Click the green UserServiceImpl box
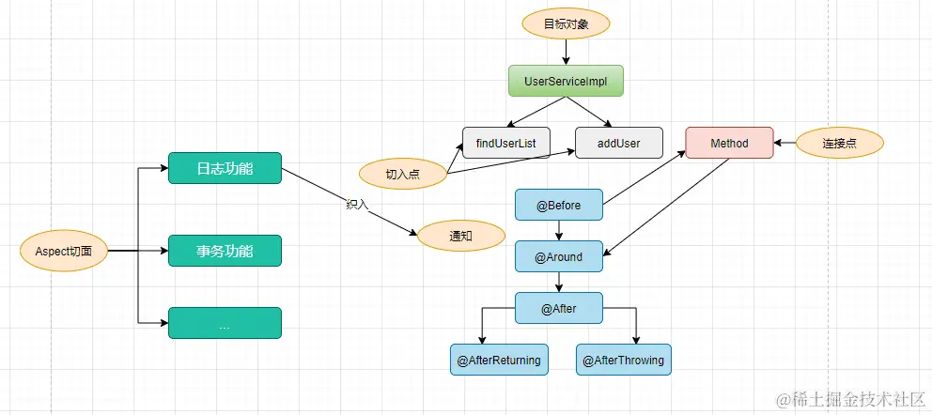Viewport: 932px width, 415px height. click(566, 81)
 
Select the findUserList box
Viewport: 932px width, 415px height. click(505, 143)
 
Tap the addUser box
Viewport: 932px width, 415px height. click(619, 143)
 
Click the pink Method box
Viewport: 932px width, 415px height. click(729, 143)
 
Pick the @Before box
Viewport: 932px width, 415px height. click(558, 205)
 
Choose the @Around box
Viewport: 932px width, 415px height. click(558, 256)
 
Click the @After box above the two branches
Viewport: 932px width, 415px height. click(558, 308)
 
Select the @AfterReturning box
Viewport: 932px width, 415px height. click(499, 360)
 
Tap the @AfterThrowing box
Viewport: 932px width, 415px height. click(623, 360)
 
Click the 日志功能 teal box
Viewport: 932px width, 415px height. click(225, 169)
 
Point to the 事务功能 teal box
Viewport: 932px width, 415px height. click(225, 251)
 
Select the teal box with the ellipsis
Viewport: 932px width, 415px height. click(225, 324)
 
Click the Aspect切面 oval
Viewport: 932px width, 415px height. click(65, 252)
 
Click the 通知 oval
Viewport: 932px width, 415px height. click(460, 236)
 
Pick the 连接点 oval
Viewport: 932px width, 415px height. click(838, 143)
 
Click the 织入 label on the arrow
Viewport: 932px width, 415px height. click(358, 205)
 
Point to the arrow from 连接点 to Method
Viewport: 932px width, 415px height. click(785, 144)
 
